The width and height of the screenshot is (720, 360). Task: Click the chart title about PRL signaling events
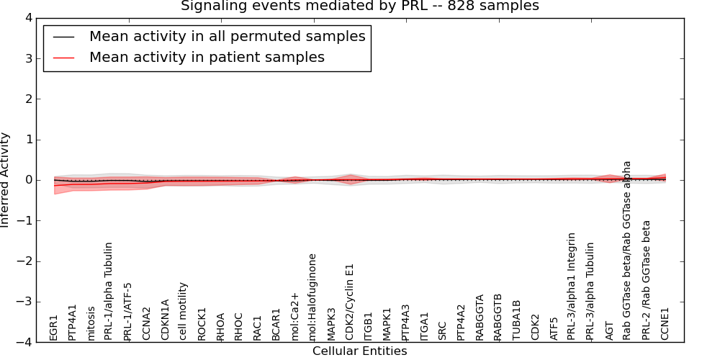coord(359,6)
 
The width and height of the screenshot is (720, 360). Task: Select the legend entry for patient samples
coord(207,58)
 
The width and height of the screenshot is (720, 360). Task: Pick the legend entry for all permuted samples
coord(227,37)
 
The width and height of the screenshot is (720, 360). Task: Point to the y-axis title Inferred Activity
coord(6,180)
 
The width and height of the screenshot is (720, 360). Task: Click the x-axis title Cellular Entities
coord(359,351)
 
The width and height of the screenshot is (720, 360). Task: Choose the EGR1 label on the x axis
coord(54,328)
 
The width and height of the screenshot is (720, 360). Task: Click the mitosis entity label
coord(91,323)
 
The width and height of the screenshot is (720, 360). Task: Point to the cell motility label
coord(184,311)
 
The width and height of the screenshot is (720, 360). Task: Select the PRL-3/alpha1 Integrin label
coord(572,286)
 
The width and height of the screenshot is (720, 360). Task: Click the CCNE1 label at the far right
coord(665,324)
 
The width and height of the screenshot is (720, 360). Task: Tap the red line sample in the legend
coord(63,58)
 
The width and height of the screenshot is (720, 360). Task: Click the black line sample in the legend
coord(63,37)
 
